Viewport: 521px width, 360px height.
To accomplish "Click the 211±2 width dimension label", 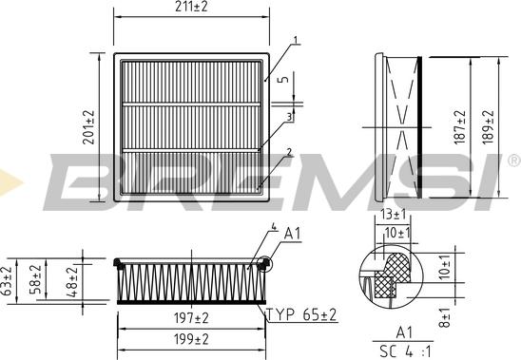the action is [x=191, y=7].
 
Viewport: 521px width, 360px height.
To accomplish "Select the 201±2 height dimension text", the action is [x=88, y=127].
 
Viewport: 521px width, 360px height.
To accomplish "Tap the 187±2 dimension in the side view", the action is [x=460, y=127].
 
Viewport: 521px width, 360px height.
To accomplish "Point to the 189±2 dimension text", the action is [x=489, y=127].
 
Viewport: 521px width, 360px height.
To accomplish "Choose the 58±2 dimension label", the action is [x=36, y=279].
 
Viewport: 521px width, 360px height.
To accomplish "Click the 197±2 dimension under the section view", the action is [x=191, y=318].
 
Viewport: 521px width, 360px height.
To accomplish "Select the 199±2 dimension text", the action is [x=191, y=339].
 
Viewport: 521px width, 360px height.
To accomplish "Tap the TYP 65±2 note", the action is [x=302, y=314].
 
